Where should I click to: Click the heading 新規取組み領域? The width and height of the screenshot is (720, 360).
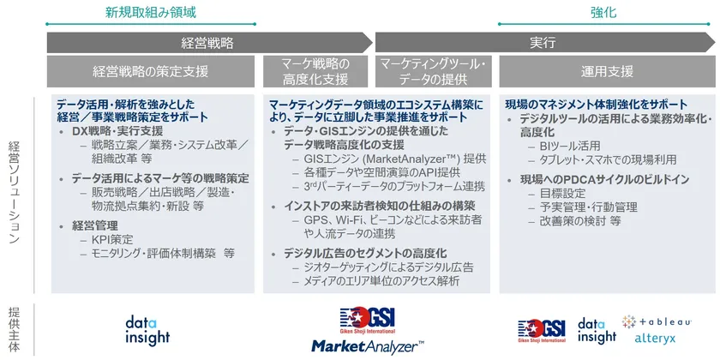coord(151,12)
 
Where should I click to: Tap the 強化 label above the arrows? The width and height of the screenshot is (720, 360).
coord(603,12)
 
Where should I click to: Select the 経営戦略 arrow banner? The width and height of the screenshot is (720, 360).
coord(209,43)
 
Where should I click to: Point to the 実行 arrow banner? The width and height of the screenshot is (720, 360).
coord(545,43)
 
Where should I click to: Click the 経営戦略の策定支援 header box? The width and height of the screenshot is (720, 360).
coord(151,72)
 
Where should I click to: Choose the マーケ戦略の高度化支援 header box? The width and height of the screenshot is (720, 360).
coord(315,72)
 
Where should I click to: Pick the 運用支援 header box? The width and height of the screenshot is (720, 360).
coord(607,72)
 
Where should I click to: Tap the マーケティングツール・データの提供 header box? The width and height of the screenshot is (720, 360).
coord(434,72)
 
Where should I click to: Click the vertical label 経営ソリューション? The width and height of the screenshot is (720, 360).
coord(15,192)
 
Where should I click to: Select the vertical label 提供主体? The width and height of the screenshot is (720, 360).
coord(15,329)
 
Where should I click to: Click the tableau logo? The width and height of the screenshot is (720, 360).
coord(657,321)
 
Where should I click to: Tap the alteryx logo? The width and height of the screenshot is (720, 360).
coord(655,339)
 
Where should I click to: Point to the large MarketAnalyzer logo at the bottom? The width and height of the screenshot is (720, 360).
coord(368,345)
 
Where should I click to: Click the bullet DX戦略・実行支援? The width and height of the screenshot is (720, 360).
coord(117,132)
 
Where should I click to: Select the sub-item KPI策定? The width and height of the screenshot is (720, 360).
coord(112,239)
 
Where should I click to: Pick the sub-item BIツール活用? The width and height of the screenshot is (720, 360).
coord(570,147)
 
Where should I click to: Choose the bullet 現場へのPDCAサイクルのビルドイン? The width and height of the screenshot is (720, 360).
coord(605,179)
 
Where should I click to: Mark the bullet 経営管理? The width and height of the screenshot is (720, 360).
coord(94,225)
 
